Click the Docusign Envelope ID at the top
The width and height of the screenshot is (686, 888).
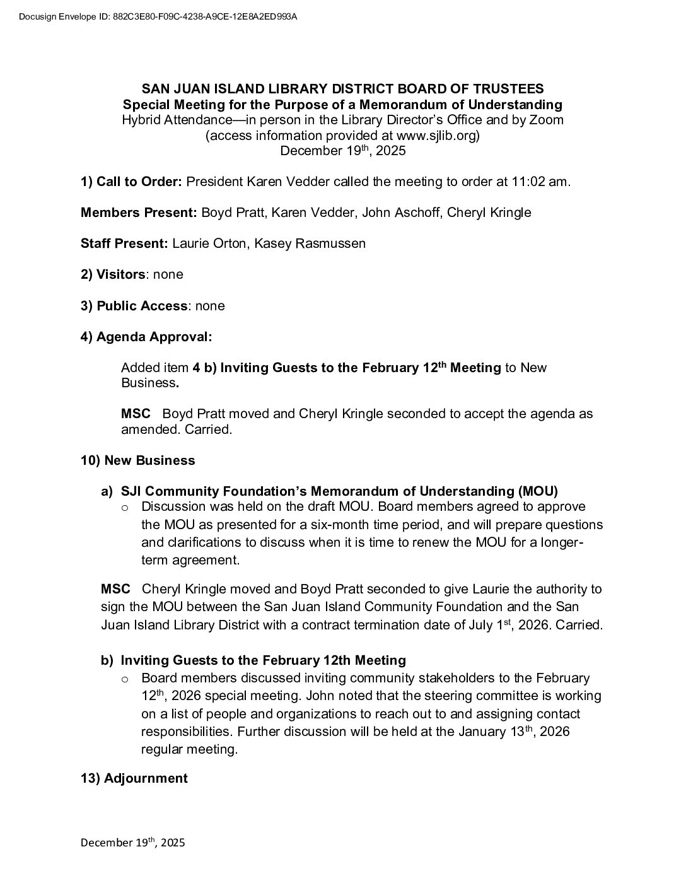pos(158,17)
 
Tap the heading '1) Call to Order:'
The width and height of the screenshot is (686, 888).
pos(131,182)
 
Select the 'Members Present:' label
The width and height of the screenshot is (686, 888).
pos(139,213)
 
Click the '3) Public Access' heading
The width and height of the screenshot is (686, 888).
pos(134,306)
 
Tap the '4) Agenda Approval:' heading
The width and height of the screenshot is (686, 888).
pos(146,337)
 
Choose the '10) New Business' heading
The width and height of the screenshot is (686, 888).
pos(138,460)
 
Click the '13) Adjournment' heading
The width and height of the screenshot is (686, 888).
pos(134,778)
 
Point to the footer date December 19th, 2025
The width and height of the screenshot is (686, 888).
pos(133,843)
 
